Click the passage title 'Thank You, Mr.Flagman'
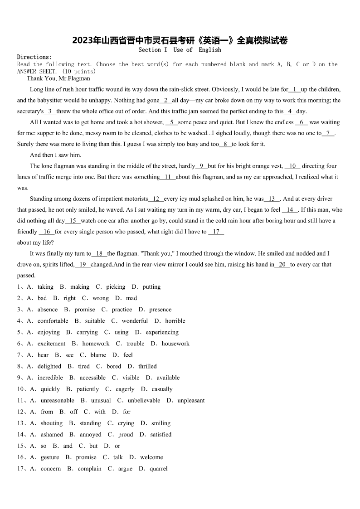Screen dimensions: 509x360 (x=58, y=78)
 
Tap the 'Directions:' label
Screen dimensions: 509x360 (x=34, y=57)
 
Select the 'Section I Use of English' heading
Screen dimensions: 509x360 (x=180, y=50)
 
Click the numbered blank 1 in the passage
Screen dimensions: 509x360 (x=295, y=90)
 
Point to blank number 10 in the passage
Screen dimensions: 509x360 (x=292, y=166)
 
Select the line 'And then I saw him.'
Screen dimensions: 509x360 (x=55, y=155)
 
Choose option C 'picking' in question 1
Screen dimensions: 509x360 (x=116, y=287)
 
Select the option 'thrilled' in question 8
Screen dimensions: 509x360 (x=147, y=366)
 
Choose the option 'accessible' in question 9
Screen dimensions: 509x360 (x=92, y=378)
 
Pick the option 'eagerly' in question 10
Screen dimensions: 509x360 (x=125, y=389)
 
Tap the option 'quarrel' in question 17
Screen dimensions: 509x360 (x=158, y=469)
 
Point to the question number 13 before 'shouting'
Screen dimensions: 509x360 (x=20, y=423)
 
